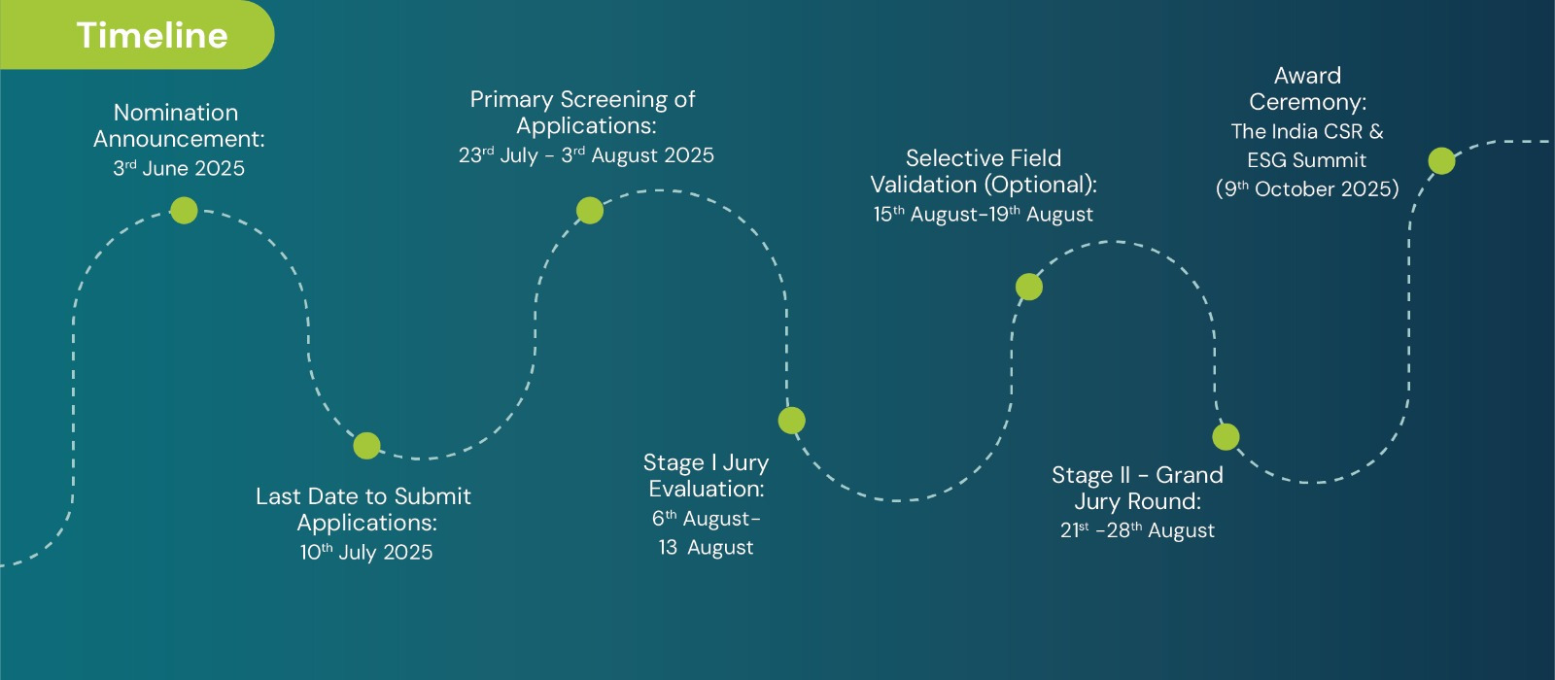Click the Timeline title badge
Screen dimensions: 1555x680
click(x=137, y=35)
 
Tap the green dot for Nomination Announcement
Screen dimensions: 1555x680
click(x=184, y=210)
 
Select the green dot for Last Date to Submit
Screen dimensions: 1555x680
click(x=366, y=446)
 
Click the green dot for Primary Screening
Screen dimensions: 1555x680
click(x=589, y=210)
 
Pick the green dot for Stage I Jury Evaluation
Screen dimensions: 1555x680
click(x=791, y=421)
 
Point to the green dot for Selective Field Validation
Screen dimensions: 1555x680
click(x=1029, y=287)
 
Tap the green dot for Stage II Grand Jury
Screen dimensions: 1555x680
click(x=1226, y=437)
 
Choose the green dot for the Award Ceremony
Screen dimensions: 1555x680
click(x=1442, y=161)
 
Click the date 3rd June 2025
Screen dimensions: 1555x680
click(x=179, y=169)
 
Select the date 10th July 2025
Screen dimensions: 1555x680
click(x=365, y=553)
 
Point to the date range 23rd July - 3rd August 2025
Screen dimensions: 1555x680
click(x=586, y=155)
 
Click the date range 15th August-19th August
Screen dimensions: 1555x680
click(x=983, y=215)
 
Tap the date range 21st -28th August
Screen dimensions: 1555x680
click(x=1137, y=530)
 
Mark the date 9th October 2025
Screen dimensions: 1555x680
click(x=1307, y=189)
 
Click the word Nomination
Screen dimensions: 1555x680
click(x=176, y=113)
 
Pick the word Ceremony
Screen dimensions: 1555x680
click(x=1308, y=103)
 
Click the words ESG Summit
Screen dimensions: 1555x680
click(x=1306, y=160)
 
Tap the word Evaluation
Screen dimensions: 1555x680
click(x=707, y=490)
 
